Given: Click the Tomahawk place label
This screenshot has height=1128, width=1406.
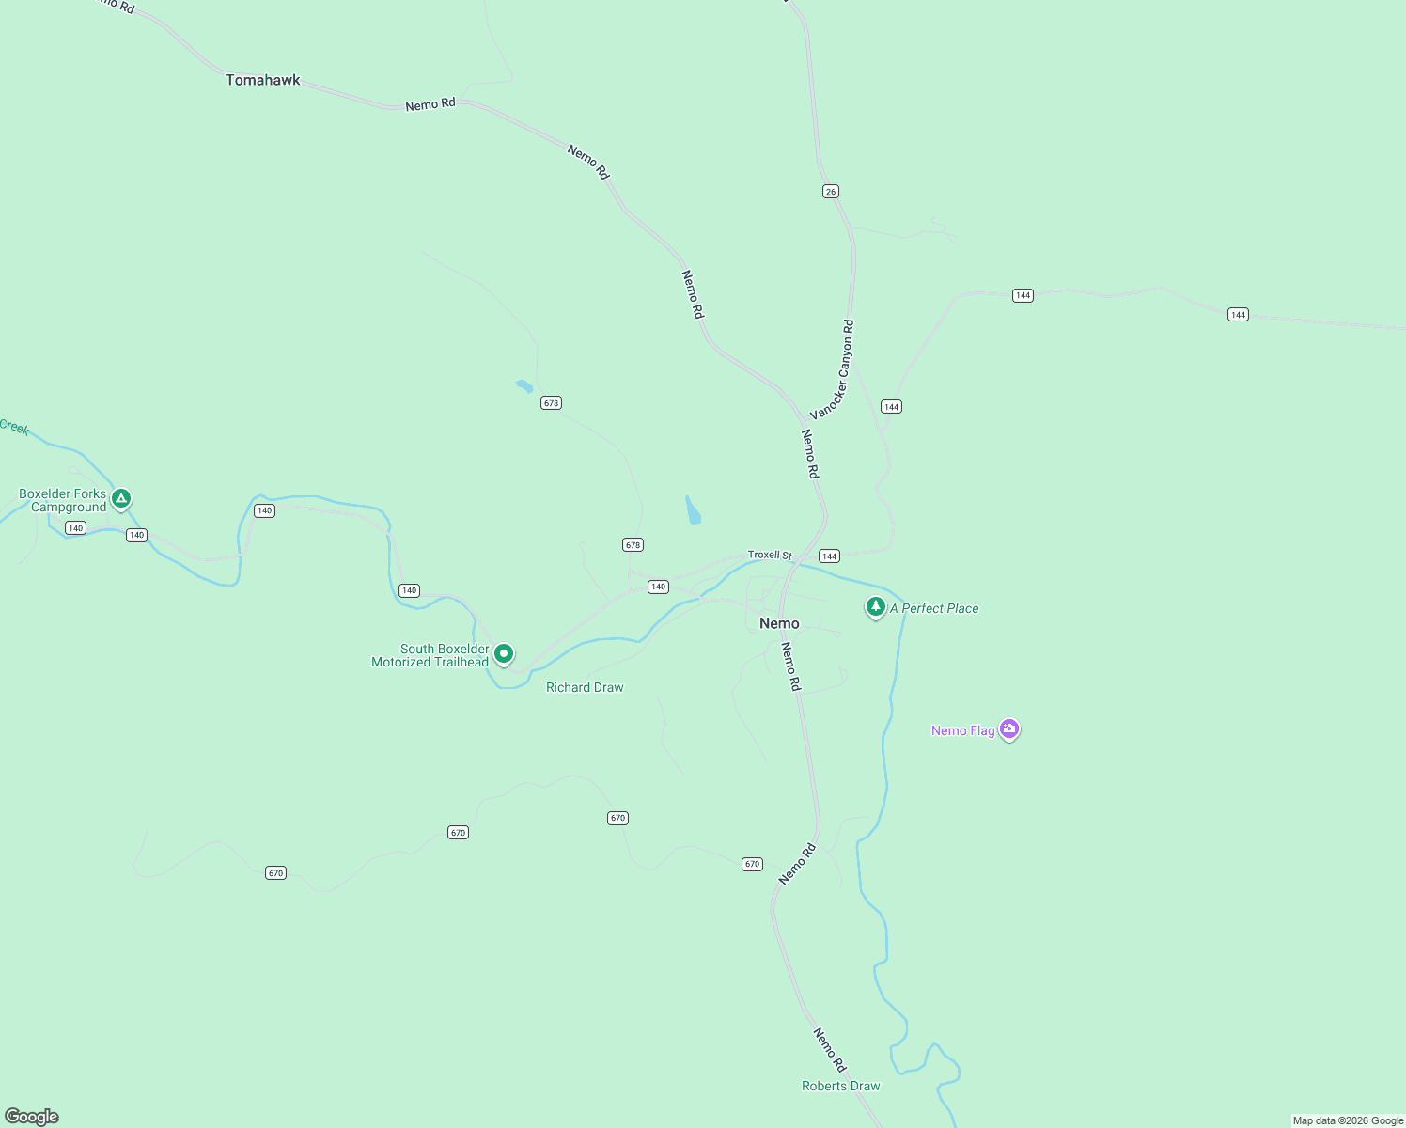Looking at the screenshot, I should pos(262,80).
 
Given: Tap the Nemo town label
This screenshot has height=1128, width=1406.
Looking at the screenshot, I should pos(779,623).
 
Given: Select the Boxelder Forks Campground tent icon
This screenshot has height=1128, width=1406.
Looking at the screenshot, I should pos(120,497).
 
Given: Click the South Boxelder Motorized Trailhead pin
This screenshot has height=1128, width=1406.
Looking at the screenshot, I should pos(504,653).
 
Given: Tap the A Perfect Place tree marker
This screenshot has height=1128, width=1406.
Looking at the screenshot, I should pos(875,606).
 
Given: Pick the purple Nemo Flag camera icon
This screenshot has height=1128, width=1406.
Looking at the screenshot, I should pos(1009,728).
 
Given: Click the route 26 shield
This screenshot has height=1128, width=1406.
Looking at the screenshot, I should pos(830,191).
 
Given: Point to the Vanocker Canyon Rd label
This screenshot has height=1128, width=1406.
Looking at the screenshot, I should pos(833,369).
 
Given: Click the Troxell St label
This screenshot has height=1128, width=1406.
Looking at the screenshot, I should pos(770,555).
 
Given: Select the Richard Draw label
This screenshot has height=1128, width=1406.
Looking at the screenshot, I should pos(585,687).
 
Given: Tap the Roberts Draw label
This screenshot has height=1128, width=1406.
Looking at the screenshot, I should pos(840,1086).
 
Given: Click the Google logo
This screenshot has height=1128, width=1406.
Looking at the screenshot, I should pos(32,1117).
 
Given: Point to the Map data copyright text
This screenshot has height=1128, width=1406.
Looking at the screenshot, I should pos(1348,1120).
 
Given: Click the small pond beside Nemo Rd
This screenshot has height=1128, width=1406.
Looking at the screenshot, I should pos(693,510).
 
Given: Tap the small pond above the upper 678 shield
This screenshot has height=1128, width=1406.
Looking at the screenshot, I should pos(523,385).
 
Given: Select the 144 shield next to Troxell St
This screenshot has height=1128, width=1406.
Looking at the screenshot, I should pos(829,556).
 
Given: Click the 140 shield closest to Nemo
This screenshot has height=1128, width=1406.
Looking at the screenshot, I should pos(658,587).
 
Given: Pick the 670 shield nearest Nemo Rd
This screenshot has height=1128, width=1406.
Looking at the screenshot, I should pos(752,864).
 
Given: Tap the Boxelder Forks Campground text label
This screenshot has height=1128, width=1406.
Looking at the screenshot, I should pos(63,500).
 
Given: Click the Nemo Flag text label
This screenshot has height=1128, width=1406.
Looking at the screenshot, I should pos(962,730).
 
